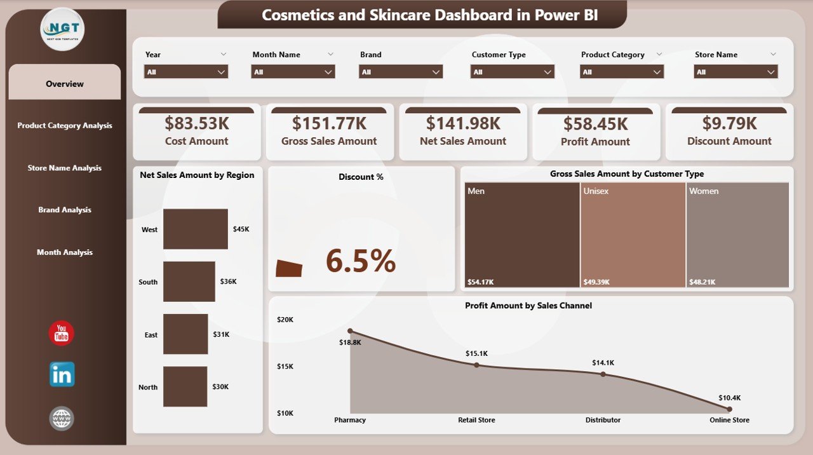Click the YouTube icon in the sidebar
62,334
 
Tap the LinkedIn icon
62,375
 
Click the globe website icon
62,419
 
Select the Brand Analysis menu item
65,210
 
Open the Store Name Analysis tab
65,168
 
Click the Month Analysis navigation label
65,252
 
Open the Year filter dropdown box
186,72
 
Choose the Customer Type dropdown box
513,72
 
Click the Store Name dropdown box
736,72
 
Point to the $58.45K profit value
595,124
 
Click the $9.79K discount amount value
729,123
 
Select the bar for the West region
196,229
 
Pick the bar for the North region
185,386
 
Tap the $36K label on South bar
229,282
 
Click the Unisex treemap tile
633,235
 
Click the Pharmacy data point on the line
350,331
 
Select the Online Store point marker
729,409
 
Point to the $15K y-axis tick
285,366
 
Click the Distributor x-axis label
603,420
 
